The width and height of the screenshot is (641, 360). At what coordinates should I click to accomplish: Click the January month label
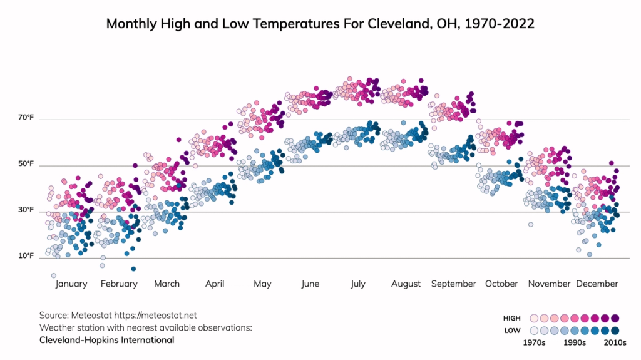tap(71, 284)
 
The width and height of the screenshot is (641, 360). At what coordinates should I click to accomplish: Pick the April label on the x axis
tap(215, 284)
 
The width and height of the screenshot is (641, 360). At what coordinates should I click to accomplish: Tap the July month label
tap(357, 284)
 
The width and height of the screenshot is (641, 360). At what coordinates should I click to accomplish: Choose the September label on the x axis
tap(453, 284)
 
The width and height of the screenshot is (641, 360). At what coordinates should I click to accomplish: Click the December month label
tap(597, 284)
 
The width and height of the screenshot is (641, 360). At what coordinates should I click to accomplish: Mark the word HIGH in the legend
tap(512, 319)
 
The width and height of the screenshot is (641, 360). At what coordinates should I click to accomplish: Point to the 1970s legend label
tap(535, 343)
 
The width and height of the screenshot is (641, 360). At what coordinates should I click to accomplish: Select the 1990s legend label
tap(574, 343)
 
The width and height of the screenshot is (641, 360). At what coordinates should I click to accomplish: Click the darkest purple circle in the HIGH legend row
tap(615, 318)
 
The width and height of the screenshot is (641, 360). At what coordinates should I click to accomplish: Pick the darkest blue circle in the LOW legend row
tap(615, 331)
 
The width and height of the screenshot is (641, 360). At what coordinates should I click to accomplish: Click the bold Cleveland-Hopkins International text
tap(106, 341)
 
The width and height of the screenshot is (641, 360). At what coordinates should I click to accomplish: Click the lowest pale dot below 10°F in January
tap(54, 275)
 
